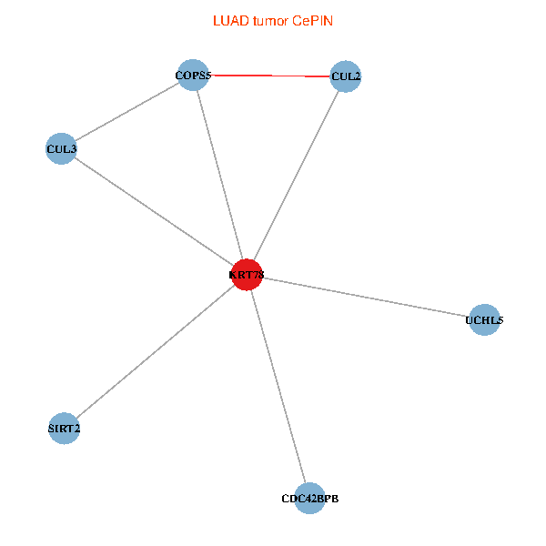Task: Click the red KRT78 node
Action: click(x=247, y=274)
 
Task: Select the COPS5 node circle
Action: click(x=194, y=75)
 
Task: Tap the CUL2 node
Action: click(x=346, y=76)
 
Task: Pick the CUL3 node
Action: click(x=61, y=147)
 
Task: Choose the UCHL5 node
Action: click(x=484, y=319)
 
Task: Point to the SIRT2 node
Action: click(x=64, y=428)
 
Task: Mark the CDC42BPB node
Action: click(x=309, y=498)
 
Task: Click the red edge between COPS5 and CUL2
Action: click(x=270, y=76)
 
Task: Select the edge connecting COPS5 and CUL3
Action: click(x=127, y=111)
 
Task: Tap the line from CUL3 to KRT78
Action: click(x=154, y=210)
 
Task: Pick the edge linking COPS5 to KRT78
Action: click(x=220, y=175)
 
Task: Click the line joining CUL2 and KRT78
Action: click(x=297, y=175)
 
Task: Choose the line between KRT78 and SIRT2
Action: click(x=155, y=351)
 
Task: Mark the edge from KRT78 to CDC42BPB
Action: click(x=278, y=386)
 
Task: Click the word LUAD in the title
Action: click(x=228, y=20)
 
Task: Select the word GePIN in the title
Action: click(x=312, y=20)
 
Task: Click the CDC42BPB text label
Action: click(x=309, y=499)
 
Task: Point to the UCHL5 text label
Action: click(x=484, y=320)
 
